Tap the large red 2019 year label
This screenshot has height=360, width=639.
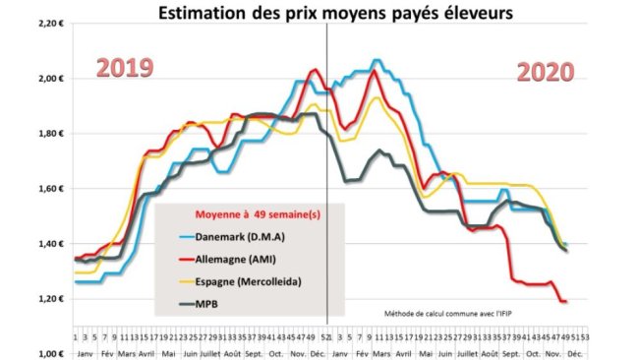[125, 68]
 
